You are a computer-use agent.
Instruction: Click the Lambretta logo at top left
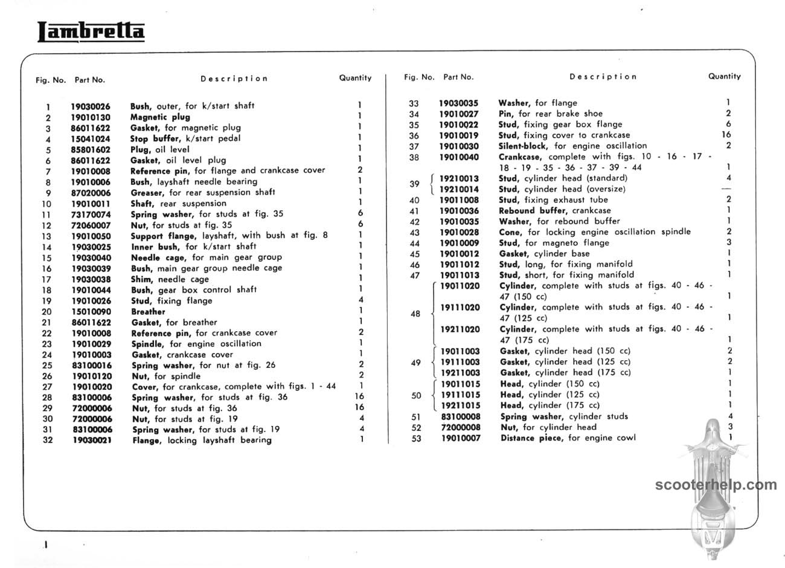[91, 31]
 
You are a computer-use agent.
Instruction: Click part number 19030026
[91, 106]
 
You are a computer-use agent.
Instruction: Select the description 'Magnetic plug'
[160, 117]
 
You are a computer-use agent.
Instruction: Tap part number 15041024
[91, 139]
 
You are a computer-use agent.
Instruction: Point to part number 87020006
[91, 193]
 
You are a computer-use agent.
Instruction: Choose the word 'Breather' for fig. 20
[148, 312]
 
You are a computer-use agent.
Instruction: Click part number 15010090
[91, 312]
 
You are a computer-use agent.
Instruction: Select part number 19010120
[91, 376]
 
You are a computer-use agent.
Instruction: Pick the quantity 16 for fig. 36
[726, 135]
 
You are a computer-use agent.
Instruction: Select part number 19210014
[459, 189]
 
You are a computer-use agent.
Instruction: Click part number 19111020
[460, 308]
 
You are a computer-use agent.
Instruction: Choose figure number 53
[415, 438]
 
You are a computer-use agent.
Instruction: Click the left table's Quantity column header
[355, 78]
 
